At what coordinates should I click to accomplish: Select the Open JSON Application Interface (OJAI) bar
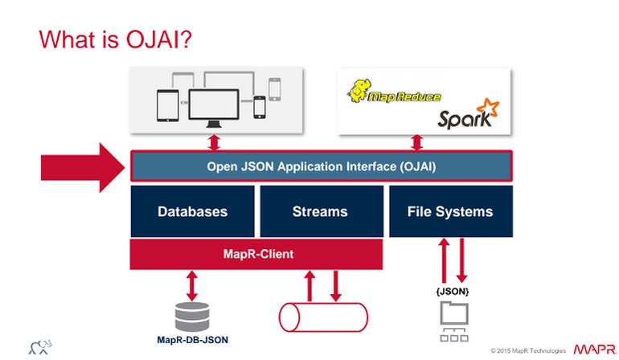(x=321, y=167)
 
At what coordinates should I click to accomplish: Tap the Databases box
(x=192, y=212)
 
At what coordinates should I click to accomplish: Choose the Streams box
(x=320, y=212)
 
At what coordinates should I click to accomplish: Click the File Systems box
(x=450, y=212)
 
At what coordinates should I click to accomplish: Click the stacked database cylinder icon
(x=192, y=315)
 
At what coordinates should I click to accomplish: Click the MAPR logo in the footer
(x=594, y=350)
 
